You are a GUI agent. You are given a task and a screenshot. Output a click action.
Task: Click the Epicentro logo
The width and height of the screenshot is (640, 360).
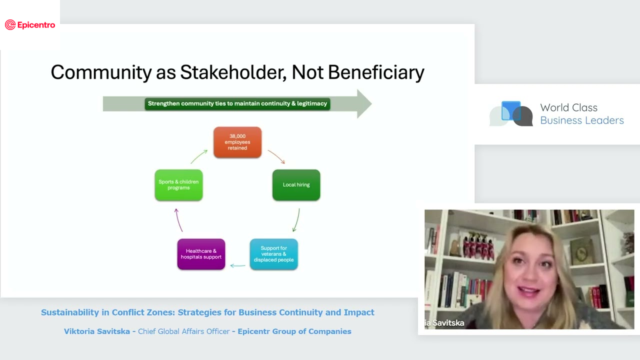[x=30, y=25]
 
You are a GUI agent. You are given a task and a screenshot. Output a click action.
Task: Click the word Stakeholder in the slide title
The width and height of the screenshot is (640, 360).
[x=233, y=72]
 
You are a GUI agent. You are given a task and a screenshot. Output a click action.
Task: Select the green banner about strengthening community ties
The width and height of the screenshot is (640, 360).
[x=237, y=103]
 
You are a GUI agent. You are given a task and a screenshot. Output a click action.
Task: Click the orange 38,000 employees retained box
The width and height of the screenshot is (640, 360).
[x=237, y=142]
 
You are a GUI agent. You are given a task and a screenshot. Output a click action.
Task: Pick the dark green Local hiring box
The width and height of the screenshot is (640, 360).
[x=296, y=185]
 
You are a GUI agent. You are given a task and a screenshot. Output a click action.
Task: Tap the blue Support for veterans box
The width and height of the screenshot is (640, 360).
[x=273, y=254]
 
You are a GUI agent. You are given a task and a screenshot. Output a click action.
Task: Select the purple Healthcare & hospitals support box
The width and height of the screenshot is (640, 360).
[x=201, y=254]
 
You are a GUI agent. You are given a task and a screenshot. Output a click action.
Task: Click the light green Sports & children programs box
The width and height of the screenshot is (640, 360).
[x=178, y=185]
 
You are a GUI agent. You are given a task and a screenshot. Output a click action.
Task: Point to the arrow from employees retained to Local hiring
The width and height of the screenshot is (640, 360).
[x=276, y=156]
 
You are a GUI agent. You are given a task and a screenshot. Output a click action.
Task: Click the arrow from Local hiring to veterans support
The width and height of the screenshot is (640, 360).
[x=296, y=220]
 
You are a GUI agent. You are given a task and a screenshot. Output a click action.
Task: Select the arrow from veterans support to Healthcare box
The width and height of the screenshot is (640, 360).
[x=237, y=265]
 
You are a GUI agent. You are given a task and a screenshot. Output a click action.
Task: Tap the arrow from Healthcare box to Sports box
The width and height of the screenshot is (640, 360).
[x=178, y=220]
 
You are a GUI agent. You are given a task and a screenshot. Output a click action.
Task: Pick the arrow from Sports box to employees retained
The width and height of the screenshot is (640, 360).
[x=199, y=156]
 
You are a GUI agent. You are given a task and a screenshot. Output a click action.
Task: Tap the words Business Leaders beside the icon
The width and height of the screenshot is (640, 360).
[x=581, y=120]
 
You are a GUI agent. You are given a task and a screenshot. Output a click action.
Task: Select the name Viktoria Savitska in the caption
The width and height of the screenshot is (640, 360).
[x=96, y=331]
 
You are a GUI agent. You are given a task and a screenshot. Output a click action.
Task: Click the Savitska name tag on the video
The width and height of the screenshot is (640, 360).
[x=444, y=323]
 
